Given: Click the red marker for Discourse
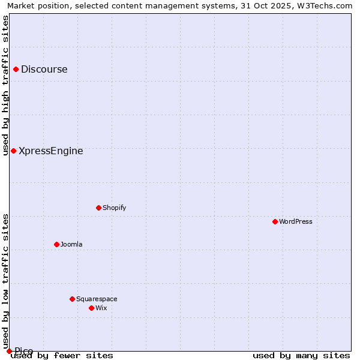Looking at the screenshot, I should click(16, 70).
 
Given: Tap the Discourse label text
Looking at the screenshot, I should click(44, 70).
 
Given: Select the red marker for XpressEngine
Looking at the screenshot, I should click(13, 151).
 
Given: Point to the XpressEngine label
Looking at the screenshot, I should click(51, 151).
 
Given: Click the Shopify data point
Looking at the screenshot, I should click(98, 208).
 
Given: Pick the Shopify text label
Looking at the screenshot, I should click(114, 208).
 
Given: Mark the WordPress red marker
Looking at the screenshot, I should click(275, 221).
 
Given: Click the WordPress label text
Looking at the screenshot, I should click(296, 222).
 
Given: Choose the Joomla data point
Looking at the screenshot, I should click(56, 244).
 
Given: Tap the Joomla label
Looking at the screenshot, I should click(71, 245).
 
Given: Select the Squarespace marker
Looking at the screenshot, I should click(72, 299).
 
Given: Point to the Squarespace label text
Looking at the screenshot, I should click(97, 299).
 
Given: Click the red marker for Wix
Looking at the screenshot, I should click(91, 308).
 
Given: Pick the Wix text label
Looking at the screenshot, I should click(101, 308).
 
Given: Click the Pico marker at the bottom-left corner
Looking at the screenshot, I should click(9, 351).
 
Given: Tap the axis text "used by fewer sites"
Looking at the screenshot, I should click(62, 356).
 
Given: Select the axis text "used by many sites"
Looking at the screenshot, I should click(301, 356).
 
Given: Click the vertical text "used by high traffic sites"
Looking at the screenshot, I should click(5, 85).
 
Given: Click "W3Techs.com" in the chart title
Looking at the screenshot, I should click(326, 6).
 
